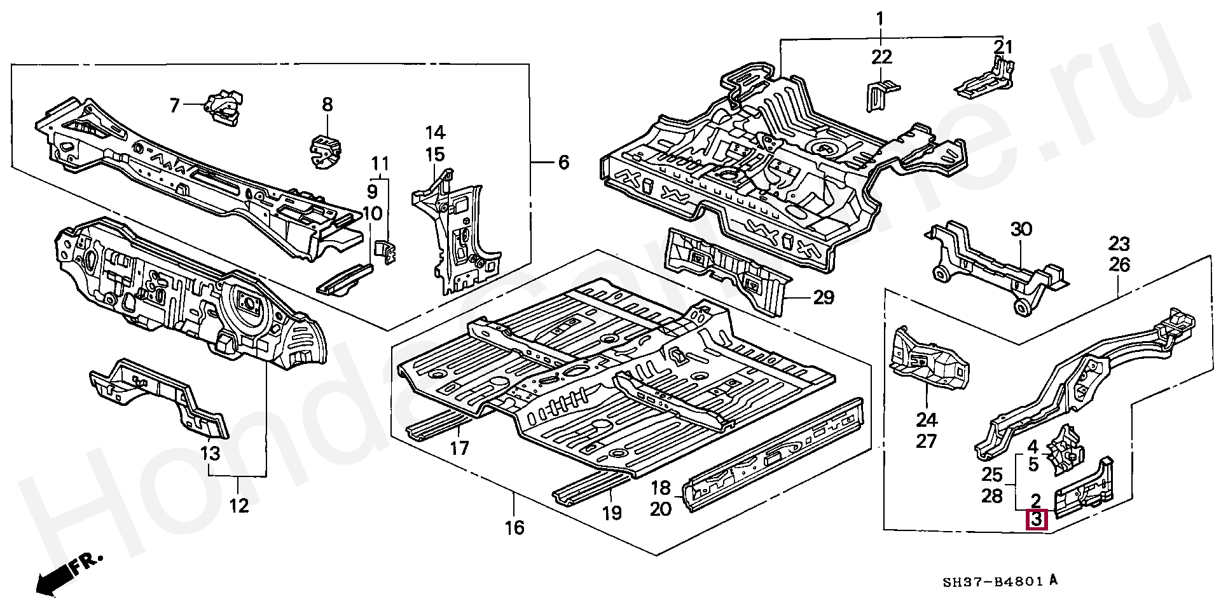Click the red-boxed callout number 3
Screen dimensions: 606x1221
coord(1037,520)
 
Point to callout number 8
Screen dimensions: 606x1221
coord(327,104)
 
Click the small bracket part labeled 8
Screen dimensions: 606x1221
coord(326,152)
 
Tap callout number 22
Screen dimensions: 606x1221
coord(882,57)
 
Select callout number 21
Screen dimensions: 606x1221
coord(1003,47)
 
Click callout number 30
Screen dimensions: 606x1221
coord(1021,229)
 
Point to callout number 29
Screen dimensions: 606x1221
coord(824,297)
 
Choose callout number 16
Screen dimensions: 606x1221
coord(515,527)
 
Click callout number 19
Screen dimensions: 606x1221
coord(612,513)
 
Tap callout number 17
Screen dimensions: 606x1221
coord(459,448)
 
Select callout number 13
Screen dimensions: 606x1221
coord(210,454)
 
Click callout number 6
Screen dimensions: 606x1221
coord(563,163)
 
